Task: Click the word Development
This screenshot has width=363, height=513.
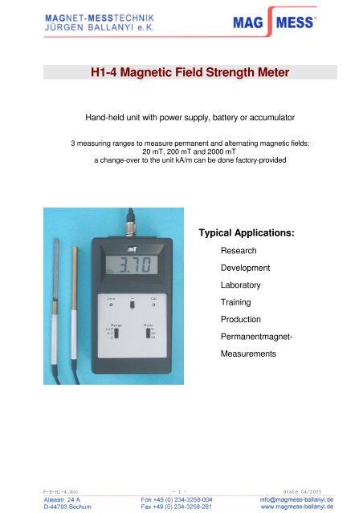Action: (244, 267)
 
